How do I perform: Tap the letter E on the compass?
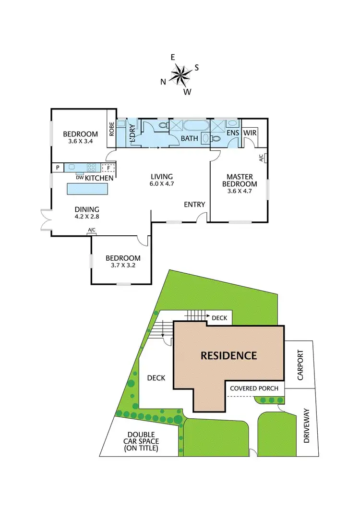(173, 57)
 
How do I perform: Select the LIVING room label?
(161, 177)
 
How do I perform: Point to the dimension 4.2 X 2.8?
(86, 217)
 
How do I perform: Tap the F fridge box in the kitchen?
(108, 168)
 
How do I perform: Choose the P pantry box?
(58, 168)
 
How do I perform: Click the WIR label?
(250, 132)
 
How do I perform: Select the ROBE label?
(111, 129)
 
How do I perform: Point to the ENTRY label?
(194, 205)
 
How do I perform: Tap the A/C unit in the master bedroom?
(262, 157)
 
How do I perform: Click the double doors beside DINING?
(46, 220)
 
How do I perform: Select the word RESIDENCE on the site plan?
(228, 356)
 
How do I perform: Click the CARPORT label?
(300, 367)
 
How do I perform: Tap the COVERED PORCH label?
(254, 388)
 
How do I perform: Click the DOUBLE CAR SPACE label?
(141, 441)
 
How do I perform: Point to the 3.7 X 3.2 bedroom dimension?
(123, 266)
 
